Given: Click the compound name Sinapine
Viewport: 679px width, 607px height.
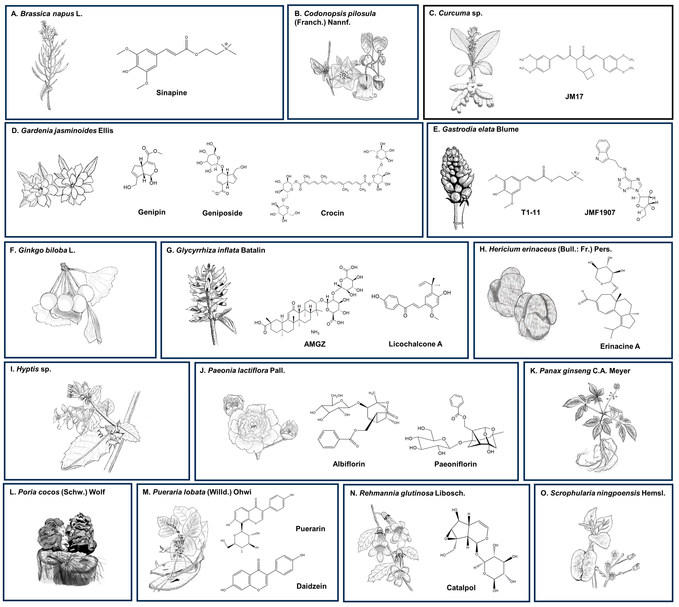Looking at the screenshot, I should point(171,93).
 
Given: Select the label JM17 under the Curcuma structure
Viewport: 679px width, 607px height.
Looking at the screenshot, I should point(574,97).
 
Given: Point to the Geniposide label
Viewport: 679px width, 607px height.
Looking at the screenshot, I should point(222,213).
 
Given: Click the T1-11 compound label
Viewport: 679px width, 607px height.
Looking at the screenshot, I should point(531,212).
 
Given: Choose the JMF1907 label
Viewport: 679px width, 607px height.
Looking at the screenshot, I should point(600,212).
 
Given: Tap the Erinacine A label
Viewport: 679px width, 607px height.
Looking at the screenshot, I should point(620,346).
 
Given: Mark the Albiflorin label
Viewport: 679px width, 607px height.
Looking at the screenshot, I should point(349,464).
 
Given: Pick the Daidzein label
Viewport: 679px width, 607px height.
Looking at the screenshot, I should point(311,586).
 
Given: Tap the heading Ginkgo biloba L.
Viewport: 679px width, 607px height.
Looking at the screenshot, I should point(43,250).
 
